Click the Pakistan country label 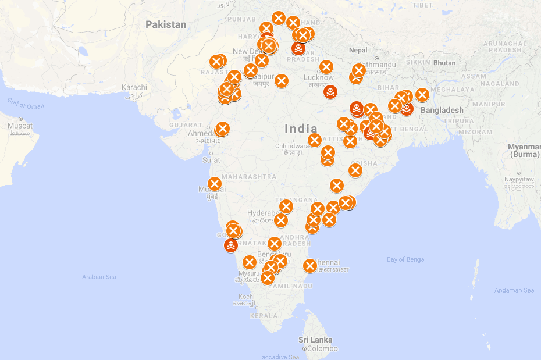(x=166, y=24)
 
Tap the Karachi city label (x=134, y=87)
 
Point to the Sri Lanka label (x=315, y=340)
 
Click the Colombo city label (x=322, y=348)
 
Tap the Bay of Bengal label (x=406, y=259)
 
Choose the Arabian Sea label (x=99, y=277)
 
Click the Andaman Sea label (x=514, y=290)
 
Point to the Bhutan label (x=444, y=63)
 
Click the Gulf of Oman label (x=26, y=104)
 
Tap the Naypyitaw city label (x=519, y=180)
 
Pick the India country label (x=301, y=129)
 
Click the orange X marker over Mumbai (x=215, y=184)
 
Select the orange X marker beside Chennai (x=310, y=266)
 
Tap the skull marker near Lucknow (x=330, y=92)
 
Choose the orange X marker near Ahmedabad (x=222, y=129)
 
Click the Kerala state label (x=264, y=316)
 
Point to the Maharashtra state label (x=249, y=176)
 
